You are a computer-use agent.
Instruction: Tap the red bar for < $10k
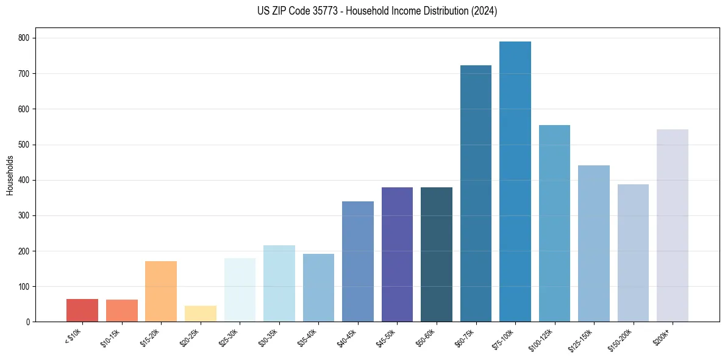[82, 310]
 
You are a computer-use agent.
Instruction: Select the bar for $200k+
[673, 225]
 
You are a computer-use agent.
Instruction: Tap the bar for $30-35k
[279, 283]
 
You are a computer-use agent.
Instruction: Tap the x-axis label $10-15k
[110, 337]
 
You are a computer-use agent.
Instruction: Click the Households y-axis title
[10, 175]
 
